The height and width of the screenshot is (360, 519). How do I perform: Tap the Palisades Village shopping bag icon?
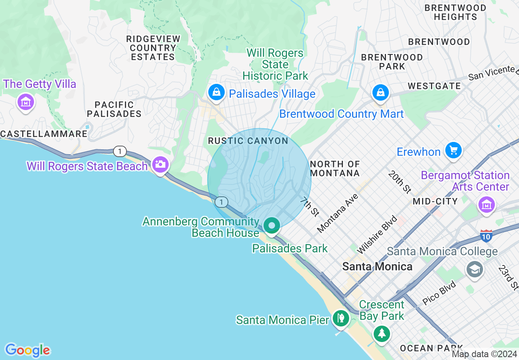pos(216,92)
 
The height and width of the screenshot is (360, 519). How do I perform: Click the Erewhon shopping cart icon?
pos(453,151)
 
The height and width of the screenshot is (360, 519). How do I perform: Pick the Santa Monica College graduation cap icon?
pos(475,269)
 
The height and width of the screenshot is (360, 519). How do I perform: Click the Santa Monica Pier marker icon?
pos(340,318)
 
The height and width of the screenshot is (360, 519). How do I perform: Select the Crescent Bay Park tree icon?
pos(382,333)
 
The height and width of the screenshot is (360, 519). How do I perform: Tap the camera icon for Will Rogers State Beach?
pos(160,165)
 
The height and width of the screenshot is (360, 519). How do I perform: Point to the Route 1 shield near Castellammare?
pos(120,151)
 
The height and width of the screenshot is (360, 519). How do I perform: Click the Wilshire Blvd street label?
pos(372,235)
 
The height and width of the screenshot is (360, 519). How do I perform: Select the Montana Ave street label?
pos(338,213)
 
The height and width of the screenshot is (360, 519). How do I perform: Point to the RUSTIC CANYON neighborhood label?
pos(248,141)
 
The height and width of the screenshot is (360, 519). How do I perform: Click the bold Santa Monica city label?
pos(377,267)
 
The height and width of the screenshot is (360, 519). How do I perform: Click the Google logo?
pos(27,350)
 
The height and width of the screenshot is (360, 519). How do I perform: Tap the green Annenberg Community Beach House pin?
pos(271,226)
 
